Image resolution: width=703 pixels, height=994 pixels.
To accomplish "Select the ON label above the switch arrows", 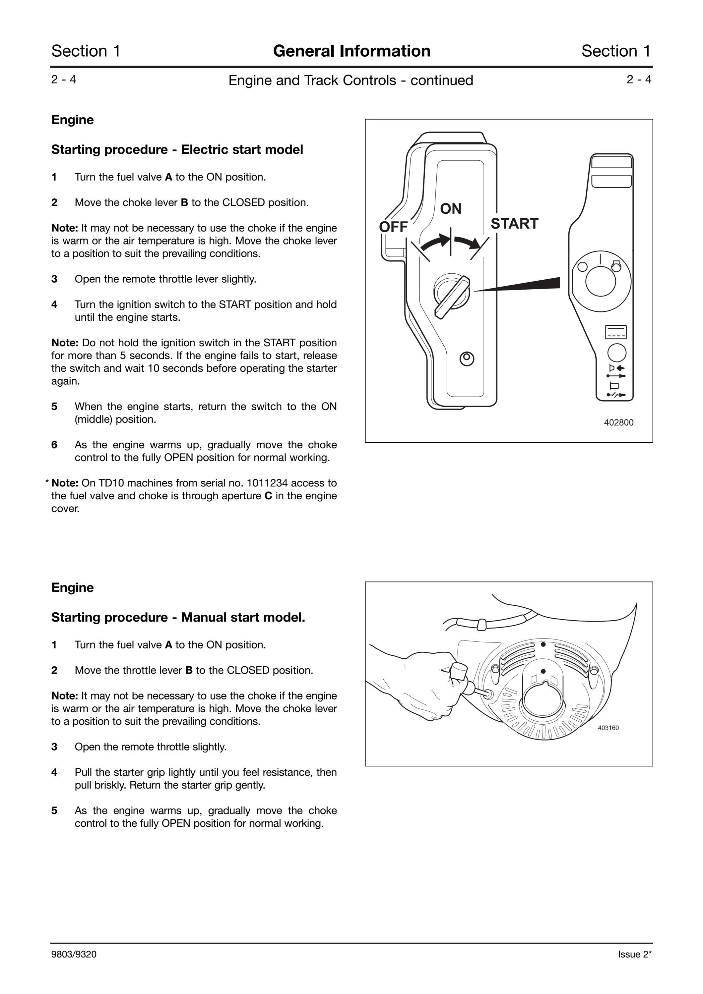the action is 451,209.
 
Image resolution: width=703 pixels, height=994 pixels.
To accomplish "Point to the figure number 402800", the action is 618,422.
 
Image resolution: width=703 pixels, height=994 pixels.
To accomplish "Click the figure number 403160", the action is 608,728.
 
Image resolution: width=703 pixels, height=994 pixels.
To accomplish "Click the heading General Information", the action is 352,51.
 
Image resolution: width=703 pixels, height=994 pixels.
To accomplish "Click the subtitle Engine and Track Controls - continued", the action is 351,81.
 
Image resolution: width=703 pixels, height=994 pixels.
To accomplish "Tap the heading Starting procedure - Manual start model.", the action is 178,617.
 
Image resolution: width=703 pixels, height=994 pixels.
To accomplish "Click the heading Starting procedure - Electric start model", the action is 177,149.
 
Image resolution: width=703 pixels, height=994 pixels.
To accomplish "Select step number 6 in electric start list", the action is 54,445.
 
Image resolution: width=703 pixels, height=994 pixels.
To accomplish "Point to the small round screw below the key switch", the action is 467,359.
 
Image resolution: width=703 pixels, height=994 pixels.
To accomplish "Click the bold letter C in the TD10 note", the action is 268,496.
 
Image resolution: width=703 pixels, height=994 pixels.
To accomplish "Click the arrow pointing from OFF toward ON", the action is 434,242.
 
